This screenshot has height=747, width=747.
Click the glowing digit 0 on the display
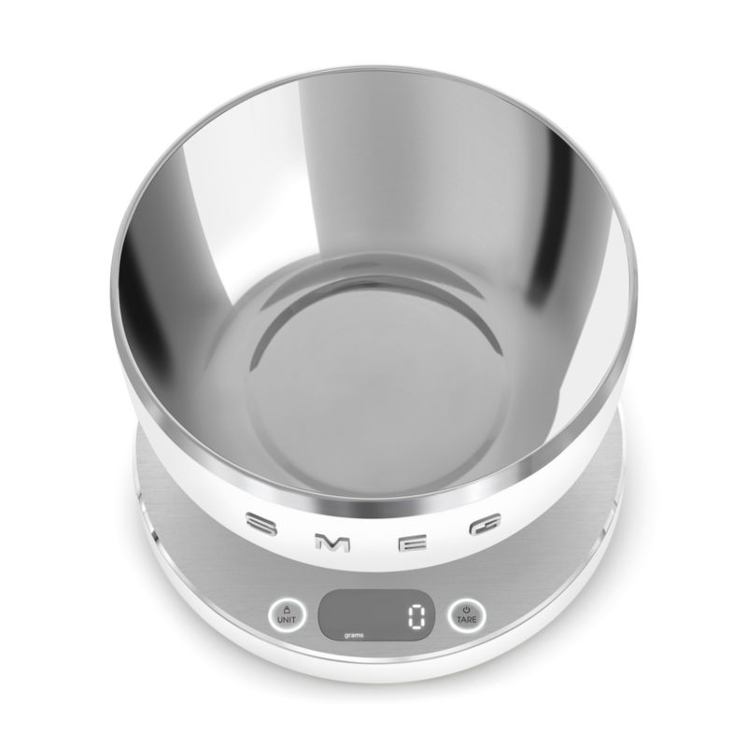[x=416, y=618]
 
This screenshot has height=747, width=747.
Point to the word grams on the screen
[x=354, y=636]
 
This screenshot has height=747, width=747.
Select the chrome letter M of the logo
[x=332, y=543]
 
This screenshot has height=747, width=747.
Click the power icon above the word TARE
[x=466, y=609]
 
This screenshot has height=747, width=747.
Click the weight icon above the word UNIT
[x=287, y=609]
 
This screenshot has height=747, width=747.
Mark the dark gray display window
[x=376, y=615]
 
